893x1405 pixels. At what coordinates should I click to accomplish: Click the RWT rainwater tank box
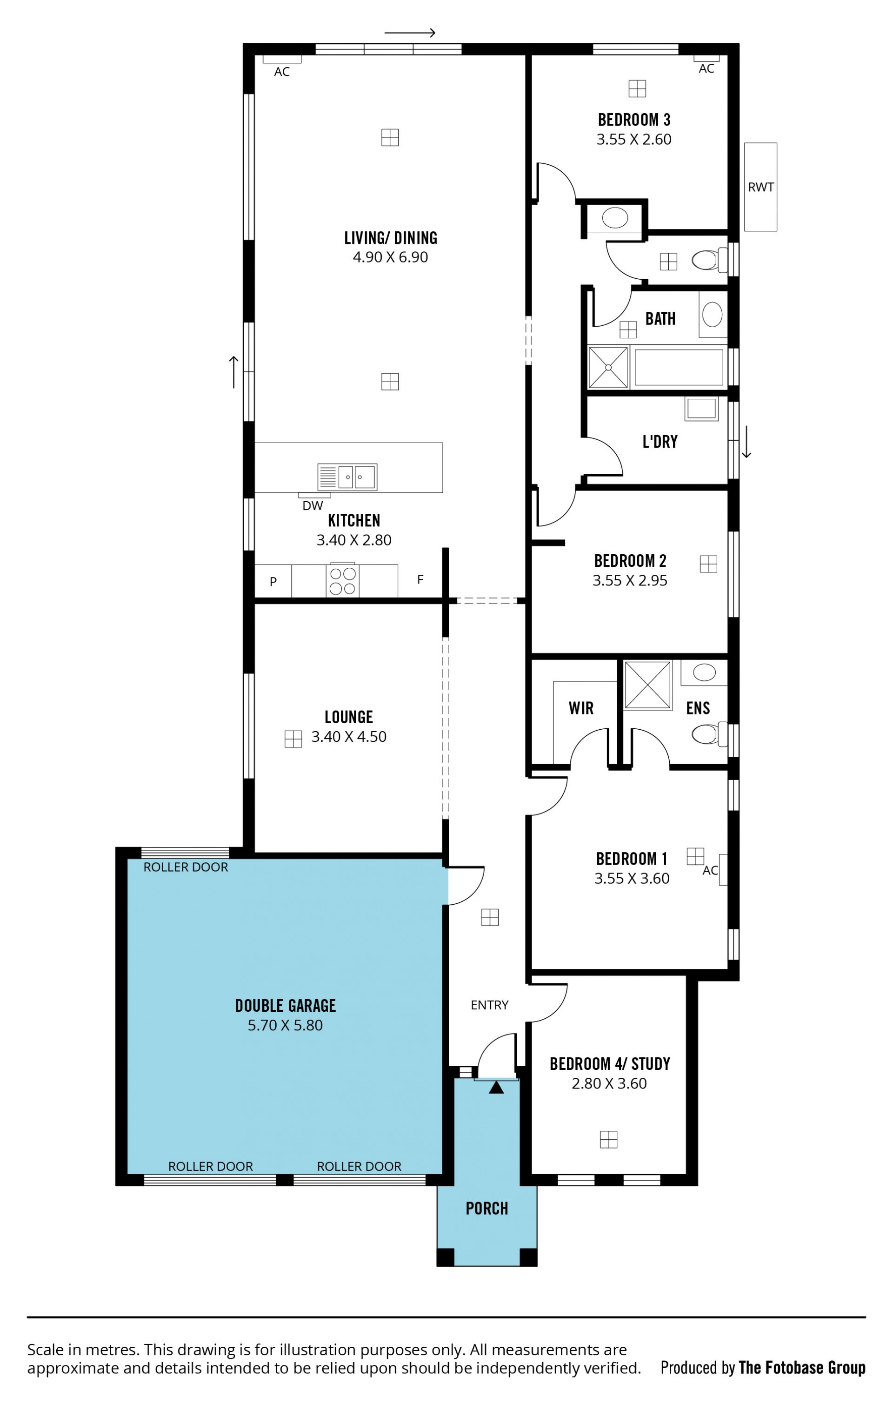760,187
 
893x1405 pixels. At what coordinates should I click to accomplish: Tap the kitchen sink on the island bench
347,477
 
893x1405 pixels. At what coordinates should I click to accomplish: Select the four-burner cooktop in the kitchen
342,580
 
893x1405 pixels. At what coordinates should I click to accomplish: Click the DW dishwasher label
313,506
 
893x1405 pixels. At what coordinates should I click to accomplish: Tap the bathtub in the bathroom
678,367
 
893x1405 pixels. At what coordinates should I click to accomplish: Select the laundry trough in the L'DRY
701,409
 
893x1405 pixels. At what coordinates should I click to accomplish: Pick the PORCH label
486,1208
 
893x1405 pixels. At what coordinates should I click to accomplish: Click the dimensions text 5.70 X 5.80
285,1025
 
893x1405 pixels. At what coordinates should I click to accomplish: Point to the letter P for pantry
273,582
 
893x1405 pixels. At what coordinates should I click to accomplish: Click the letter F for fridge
420,579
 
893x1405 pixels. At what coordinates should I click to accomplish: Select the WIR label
581,708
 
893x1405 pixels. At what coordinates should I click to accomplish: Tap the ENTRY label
489,1005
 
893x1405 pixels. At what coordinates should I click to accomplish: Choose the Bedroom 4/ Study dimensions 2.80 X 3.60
609,1083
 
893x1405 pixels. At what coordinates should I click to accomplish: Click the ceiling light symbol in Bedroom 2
708,564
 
